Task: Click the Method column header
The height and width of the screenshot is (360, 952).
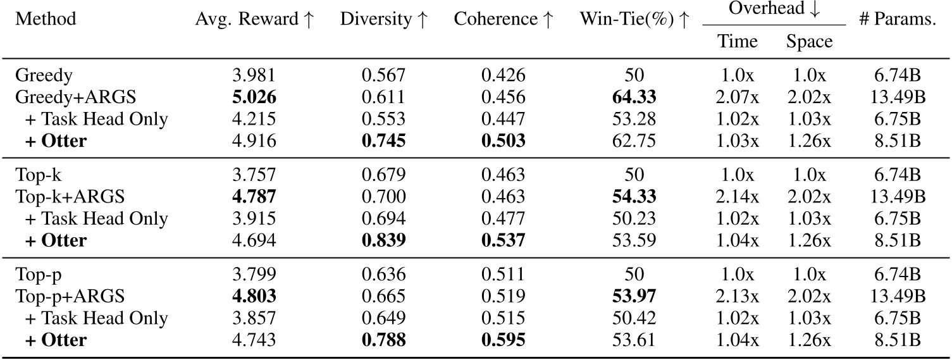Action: [x=46, y=19]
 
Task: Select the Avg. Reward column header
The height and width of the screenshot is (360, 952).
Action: [x=254, y=19]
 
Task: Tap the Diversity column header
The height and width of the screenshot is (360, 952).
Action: [x=383, y=19]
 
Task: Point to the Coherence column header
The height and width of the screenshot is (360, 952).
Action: [x=504, y=19]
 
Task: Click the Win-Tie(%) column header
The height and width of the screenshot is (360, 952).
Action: [x=634, y=19]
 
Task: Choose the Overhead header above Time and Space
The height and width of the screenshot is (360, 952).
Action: [x=774, y=9]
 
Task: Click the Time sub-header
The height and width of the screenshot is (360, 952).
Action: [x=737, y=42]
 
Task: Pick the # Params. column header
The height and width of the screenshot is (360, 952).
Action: [x=897, y=19]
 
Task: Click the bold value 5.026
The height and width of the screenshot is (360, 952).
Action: [x=255, y=97]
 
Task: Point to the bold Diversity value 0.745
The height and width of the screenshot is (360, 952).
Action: [x=383, y=140]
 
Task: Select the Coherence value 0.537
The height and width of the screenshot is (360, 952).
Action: [x=504, y=240]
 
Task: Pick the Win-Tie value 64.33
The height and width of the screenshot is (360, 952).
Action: [x=634, y=97]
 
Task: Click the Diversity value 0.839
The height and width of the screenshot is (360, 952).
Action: [x=383, y=240]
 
